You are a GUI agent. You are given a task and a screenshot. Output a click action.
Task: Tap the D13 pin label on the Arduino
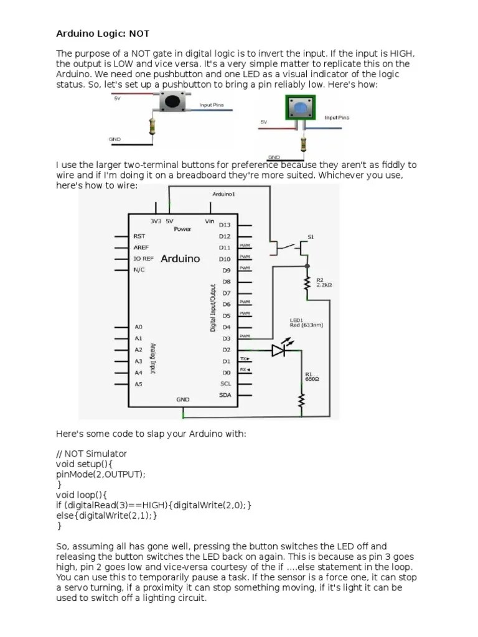click(225, 225)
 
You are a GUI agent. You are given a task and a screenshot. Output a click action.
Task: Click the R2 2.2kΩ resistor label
click(325, 283)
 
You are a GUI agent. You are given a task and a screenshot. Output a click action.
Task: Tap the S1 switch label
click(312, 237)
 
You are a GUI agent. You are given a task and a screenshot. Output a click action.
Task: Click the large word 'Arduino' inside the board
click(180, 258)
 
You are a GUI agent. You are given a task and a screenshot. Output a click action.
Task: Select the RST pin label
click(139, 236)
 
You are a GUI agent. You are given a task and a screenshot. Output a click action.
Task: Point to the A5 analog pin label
click(138, 384)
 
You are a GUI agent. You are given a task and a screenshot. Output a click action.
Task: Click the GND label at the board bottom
click(182, 399)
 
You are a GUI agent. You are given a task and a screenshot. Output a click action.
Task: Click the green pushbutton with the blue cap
click(301, 109)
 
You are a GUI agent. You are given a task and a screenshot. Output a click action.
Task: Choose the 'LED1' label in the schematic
click(296, 321)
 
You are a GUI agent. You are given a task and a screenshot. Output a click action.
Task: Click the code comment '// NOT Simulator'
click(91, 453)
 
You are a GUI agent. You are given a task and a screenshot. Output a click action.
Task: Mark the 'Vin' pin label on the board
click(209, 221)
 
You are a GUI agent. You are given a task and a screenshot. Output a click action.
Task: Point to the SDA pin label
click(225, 395)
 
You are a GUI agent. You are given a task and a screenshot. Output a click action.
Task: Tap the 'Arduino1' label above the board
click(224, 195)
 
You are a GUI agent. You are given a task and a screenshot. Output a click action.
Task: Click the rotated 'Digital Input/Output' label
click(213, 309)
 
